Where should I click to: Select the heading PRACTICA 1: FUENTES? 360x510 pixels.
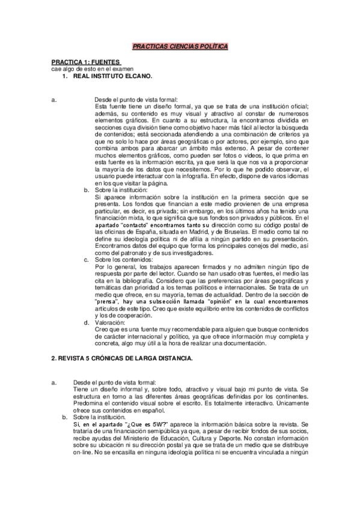pos(85,62)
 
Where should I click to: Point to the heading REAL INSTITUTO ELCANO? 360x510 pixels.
pos(112,76)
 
